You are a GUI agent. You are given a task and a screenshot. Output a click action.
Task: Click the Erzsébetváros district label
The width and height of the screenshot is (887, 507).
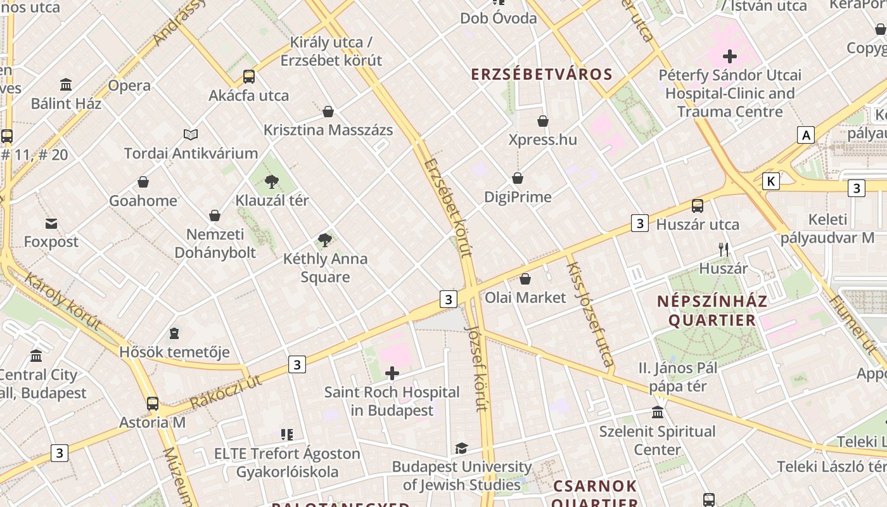coord(542,74)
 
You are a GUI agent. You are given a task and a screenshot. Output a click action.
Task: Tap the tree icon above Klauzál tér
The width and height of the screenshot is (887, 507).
coord(272,183)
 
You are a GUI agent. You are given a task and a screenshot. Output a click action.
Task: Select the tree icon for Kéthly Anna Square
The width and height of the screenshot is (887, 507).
coord(325,240)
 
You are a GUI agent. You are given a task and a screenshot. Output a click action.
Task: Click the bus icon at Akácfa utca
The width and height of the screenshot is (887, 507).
coord(249,77)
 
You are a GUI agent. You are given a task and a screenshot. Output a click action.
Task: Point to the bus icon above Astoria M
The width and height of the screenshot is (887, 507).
coord(153,404)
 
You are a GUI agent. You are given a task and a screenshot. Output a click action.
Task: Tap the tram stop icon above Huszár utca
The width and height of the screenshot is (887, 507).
coord(698,206)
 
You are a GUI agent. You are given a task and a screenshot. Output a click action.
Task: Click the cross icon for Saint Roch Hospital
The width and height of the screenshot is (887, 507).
coord(392,374)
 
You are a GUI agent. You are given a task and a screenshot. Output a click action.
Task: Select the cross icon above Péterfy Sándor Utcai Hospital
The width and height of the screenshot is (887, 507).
coord(730,56)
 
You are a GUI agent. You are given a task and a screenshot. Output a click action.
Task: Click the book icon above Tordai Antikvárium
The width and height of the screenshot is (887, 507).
coord(191,134)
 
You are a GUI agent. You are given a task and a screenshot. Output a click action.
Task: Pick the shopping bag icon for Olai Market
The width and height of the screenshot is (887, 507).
coord(525,279)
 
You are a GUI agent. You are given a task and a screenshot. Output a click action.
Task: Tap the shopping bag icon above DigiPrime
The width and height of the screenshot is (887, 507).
coord(518,179)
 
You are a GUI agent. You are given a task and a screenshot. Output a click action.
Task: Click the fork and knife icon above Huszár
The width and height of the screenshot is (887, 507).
coord(724,250)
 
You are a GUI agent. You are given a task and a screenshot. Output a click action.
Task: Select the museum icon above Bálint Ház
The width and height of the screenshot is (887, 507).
coord(66,84)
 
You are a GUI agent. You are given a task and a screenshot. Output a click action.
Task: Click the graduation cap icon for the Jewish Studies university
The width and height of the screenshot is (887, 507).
coord(461,449)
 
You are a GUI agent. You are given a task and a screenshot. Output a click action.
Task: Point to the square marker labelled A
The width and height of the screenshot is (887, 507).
coord(805,135)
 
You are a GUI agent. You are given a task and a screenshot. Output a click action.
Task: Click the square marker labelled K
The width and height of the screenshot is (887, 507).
coord(770,181)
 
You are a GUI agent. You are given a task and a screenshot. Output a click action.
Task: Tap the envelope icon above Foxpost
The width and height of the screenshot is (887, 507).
coord(51,223)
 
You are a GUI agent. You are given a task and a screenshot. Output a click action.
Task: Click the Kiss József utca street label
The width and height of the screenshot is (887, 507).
coord(590,314)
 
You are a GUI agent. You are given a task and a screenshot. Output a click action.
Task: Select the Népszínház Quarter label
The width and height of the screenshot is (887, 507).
coord(712,311)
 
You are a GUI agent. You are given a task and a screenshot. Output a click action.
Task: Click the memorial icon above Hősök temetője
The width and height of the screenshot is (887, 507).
coord(174,333)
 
